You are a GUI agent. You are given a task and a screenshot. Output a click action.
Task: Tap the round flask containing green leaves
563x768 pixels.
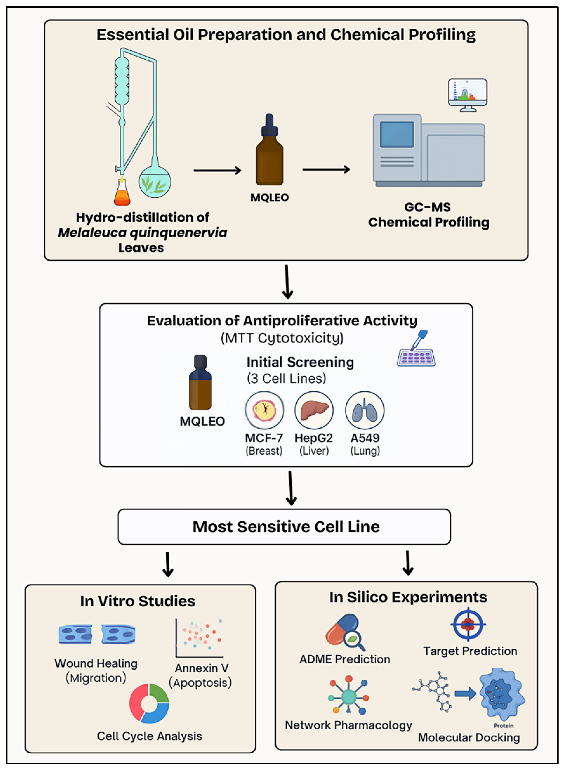(155, 182)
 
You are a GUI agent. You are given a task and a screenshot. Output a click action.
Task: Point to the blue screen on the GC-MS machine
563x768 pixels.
(397, 134)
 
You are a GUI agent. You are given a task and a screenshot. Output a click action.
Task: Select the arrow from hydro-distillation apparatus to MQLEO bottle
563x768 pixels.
(217, 170)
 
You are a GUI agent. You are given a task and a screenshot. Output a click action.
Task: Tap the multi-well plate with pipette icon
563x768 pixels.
(416, 351)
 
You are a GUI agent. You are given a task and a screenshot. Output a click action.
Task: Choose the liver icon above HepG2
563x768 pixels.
(314, 410)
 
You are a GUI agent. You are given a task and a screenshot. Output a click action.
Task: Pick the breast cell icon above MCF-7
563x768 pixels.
(264, 410)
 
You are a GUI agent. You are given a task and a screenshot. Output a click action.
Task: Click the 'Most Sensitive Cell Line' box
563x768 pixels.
(284, 527)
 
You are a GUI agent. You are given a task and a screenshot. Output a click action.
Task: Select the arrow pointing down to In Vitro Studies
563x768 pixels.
(168, 564)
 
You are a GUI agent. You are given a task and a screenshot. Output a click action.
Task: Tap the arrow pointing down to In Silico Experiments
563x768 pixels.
(408, 563)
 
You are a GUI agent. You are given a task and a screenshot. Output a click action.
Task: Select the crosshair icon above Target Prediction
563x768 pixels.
(468, 624)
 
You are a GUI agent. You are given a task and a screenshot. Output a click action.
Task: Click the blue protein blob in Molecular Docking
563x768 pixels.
(501, 694)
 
